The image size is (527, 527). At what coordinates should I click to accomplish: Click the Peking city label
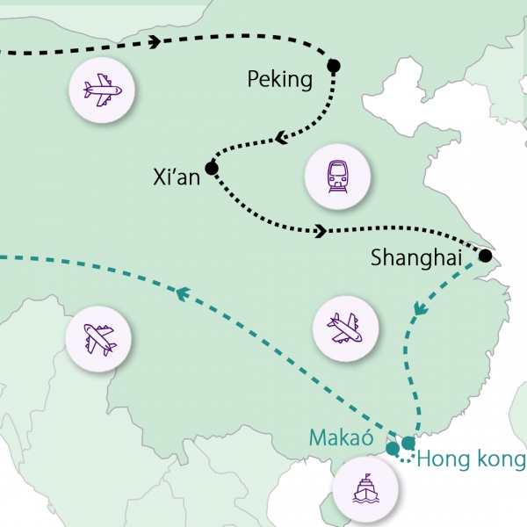[x=280, y=80]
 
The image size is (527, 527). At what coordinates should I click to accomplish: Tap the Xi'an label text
[x=177, y=177]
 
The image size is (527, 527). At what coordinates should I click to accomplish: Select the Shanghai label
[x=416, y=257]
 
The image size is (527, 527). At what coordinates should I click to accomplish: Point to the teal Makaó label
[x=341, y=437]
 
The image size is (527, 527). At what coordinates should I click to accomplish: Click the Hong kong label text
[x=471, y=459]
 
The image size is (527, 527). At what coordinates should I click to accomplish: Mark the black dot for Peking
[x=334, y=66]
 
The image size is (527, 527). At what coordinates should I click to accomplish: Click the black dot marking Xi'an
[x=212, y=168]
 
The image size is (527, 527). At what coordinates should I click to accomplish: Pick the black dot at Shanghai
[x=486, y=256]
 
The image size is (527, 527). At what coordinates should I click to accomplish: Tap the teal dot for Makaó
[x=393, y=448]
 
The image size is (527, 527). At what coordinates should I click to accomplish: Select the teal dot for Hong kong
[x=408, y=443]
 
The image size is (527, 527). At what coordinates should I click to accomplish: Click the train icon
[x=337, y=177]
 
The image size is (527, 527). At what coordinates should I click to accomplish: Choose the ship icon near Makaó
[x=365, y=488]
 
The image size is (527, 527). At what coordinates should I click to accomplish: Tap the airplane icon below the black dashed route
[x=102, y=90]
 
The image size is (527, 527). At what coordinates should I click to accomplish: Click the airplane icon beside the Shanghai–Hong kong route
[x=345, y=328]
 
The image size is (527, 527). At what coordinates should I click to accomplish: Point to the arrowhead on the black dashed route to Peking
[x=155, y=41]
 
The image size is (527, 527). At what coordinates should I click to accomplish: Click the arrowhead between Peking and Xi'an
[x=281, y=138]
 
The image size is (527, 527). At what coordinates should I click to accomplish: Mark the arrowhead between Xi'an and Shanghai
[x=321, y=231]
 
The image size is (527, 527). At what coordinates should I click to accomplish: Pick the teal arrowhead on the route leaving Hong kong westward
[x=183, y=293]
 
